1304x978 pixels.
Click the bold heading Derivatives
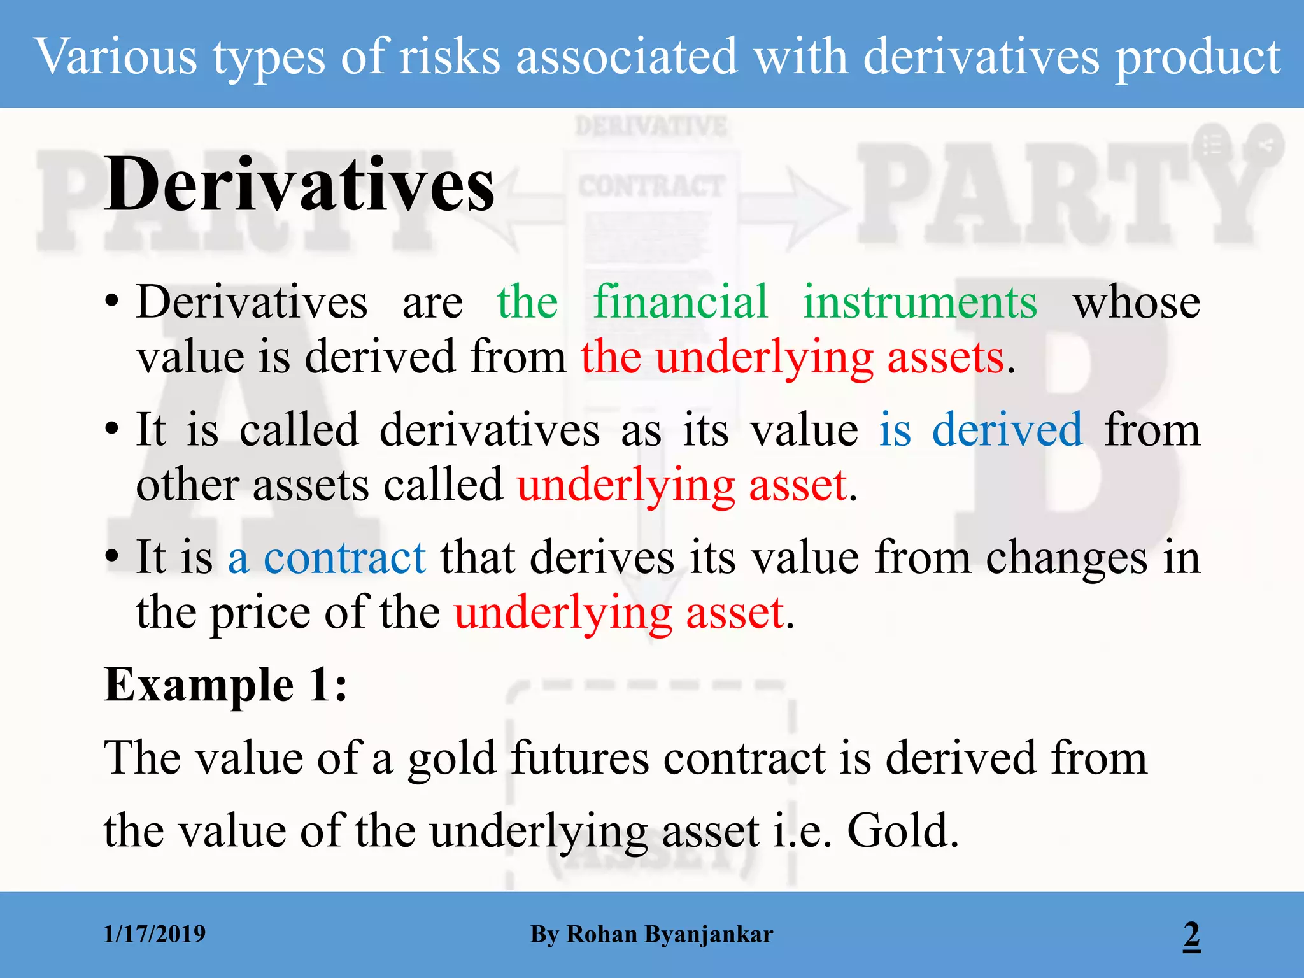pos(299,185)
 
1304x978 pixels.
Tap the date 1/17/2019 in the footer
pos(155,934)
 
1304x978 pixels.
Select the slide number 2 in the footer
pos(1191,935)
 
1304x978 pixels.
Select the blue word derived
pos(1007,430)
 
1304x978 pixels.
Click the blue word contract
pos(344,558)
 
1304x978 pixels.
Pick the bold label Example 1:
pos(226,685)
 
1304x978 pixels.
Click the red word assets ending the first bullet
pos(946,357)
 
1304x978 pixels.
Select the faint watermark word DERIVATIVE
pos(651,126)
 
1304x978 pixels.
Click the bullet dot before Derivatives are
pos(112,301)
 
